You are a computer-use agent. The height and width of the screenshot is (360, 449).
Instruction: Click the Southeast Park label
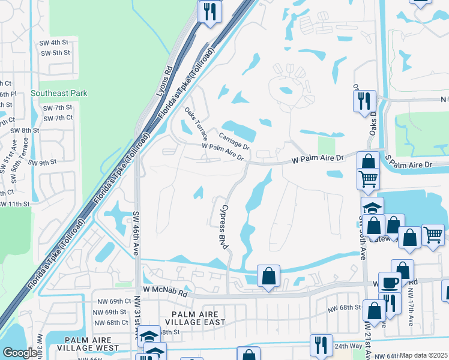tap(59, 93)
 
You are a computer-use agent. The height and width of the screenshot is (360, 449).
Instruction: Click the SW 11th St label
tap(14, 204)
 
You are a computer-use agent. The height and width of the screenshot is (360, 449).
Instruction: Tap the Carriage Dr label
tap(234, 142)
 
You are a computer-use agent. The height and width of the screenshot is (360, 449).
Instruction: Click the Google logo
tap(20, 353)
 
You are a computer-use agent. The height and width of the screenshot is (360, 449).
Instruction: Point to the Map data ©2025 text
tap(423, 355)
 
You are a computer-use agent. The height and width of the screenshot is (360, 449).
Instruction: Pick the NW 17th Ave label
tap(410, 304)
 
